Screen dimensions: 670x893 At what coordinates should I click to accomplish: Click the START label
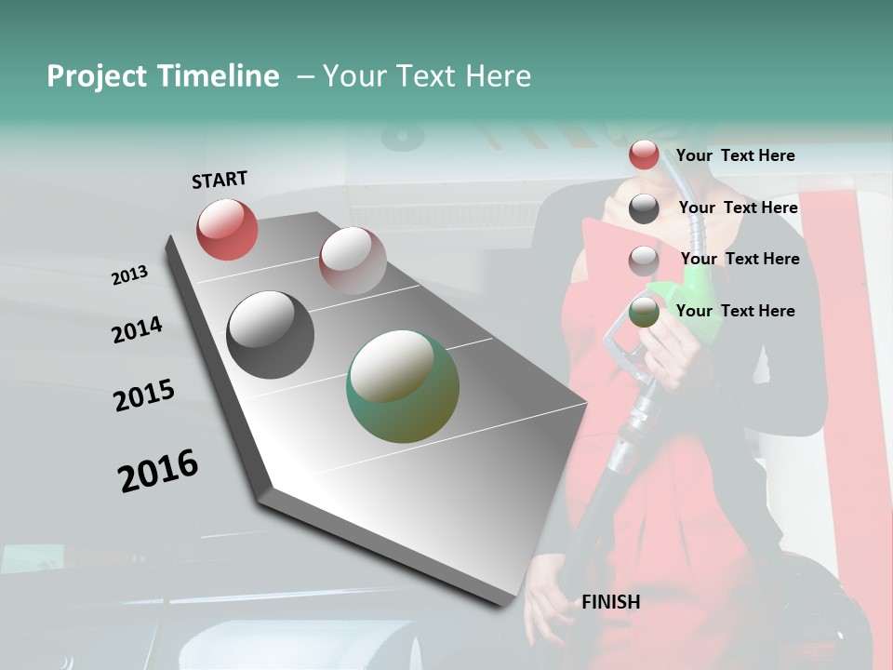220,180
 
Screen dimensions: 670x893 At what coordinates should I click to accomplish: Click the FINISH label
610,602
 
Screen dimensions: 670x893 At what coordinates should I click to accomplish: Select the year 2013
129,275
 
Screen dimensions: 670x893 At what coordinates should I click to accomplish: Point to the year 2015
144,395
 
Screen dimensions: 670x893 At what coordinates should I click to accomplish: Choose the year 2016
158,470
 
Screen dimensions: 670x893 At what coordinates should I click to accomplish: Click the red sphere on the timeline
227,229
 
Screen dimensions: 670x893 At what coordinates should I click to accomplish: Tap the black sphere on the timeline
270,335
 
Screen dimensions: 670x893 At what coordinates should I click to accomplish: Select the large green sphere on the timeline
403,385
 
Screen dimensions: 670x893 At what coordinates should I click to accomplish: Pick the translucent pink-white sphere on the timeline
353,260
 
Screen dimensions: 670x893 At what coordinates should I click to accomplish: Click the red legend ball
644,155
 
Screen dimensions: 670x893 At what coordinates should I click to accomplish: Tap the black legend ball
644,208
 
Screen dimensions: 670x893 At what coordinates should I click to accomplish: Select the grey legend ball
644,261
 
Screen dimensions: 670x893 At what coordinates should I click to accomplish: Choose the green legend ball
644,313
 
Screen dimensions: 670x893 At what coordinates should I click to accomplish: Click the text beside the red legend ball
735,155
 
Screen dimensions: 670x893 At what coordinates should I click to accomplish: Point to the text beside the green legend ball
735,311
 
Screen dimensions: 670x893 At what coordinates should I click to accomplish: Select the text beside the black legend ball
738,208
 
